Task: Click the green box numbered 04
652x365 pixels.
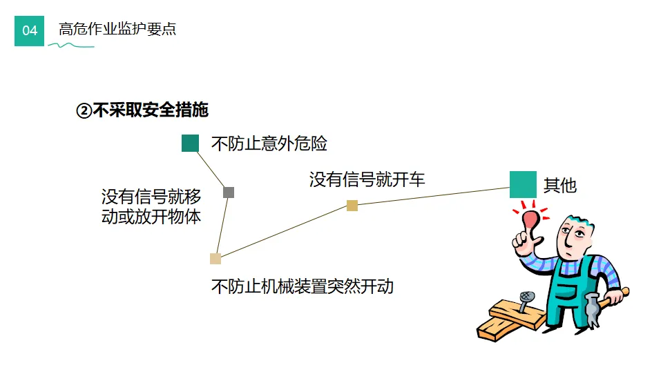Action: tap(29, 30)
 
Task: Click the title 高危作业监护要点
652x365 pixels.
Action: tap(117, 30)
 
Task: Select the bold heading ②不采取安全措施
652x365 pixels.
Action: tap(142, 110)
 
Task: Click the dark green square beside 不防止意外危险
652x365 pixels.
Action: tap(190, 143)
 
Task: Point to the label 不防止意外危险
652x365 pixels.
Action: tap(269, 144)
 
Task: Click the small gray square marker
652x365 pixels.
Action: tap(229, 193)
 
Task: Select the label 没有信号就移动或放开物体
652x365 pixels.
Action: tap(151, 206)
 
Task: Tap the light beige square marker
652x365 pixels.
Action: tap(215, 259)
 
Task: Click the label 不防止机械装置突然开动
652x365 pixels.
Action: tap(302, 286)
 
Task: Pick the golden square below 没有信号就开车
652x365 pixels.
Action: tap(352, 205)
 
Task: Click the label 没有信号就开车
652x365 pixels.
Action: tap(367, 180)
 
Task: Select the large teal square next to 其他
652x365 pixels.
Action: tap(523, 184)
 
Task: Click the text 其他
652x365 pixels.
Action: tap(559, 185)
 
